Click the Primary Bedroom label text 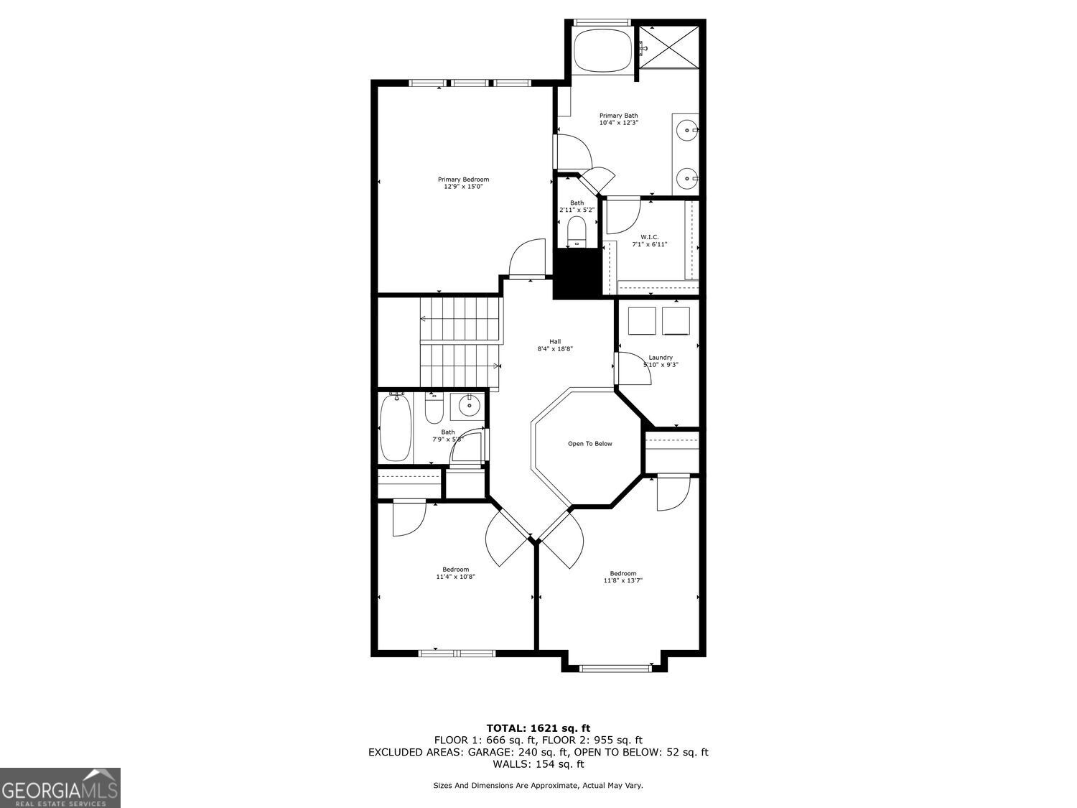click(463, 180)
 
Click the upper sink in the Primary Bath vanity click(688, 131)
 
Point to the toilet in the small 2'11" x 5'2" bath click(577, 230)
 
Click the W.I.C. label click(649, 237)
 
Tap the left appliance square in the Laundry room click(642, 321)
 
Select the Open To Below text click(589, 444)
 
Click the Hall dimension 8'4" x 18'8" click(555, 349)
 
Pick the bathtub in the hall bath click(395, 428)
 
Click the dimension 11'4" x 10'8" click(455, 577)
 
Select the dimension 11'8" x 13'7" click(623, 580)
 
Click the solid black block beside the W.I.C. click(577, 274)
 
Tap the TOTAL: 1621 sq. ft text click(538, 728)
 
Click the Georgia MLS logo click(60, 788)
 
